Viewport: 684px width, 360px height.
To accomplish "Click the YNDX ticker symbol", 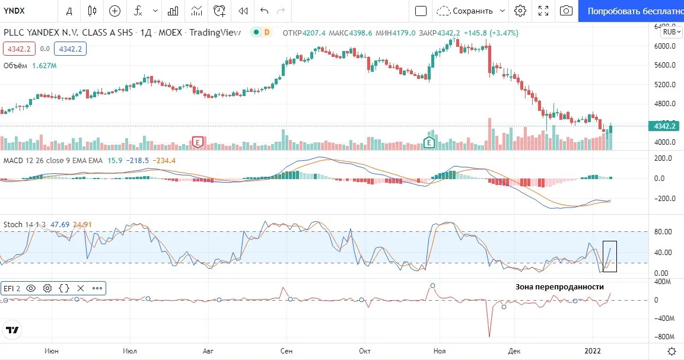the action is (14, 11).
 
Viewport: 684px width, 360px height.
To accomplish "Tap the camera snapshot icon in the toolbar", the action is (566, 11).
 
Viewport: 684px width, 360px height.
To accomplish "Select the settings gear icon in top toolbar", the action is (520, 11).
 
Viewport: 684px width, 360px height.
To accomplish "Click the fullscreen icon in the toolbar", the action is (543, 11).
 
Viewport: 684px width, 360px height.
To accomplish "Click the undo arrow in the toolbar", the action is (264, 11).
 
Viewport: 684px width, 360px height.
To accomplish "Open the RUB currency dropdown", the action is (672, 32).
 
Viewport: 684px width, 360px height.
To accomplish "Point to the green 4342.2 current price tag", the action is (663, 126).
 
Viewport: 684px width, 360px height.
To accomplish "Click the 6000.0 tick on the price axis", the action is (664, 46).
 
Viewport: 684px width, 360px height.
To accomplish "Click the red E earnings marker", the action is (198, 142).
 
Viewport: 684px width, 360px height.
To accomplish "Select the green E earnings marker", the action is (429, 142).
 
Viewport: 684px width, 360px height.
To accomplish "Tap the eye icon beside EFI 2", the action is (30, 288).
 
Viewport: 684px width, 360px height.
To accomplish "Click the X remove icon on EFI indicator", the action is (81, 288).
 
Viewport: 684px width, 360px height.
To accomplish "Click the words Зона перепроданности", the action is (559, 286).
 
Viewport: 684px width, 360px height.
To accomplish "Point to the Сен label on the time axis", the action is (286, 351).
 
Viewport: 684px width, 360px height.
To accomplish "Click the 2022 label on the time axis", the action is (593, 351).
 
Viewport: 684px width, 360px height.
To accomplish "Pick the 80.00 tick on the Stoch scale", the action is (663, 232).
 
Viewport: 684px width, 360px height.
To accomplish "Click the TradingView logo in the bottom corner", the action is (12, 330).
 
